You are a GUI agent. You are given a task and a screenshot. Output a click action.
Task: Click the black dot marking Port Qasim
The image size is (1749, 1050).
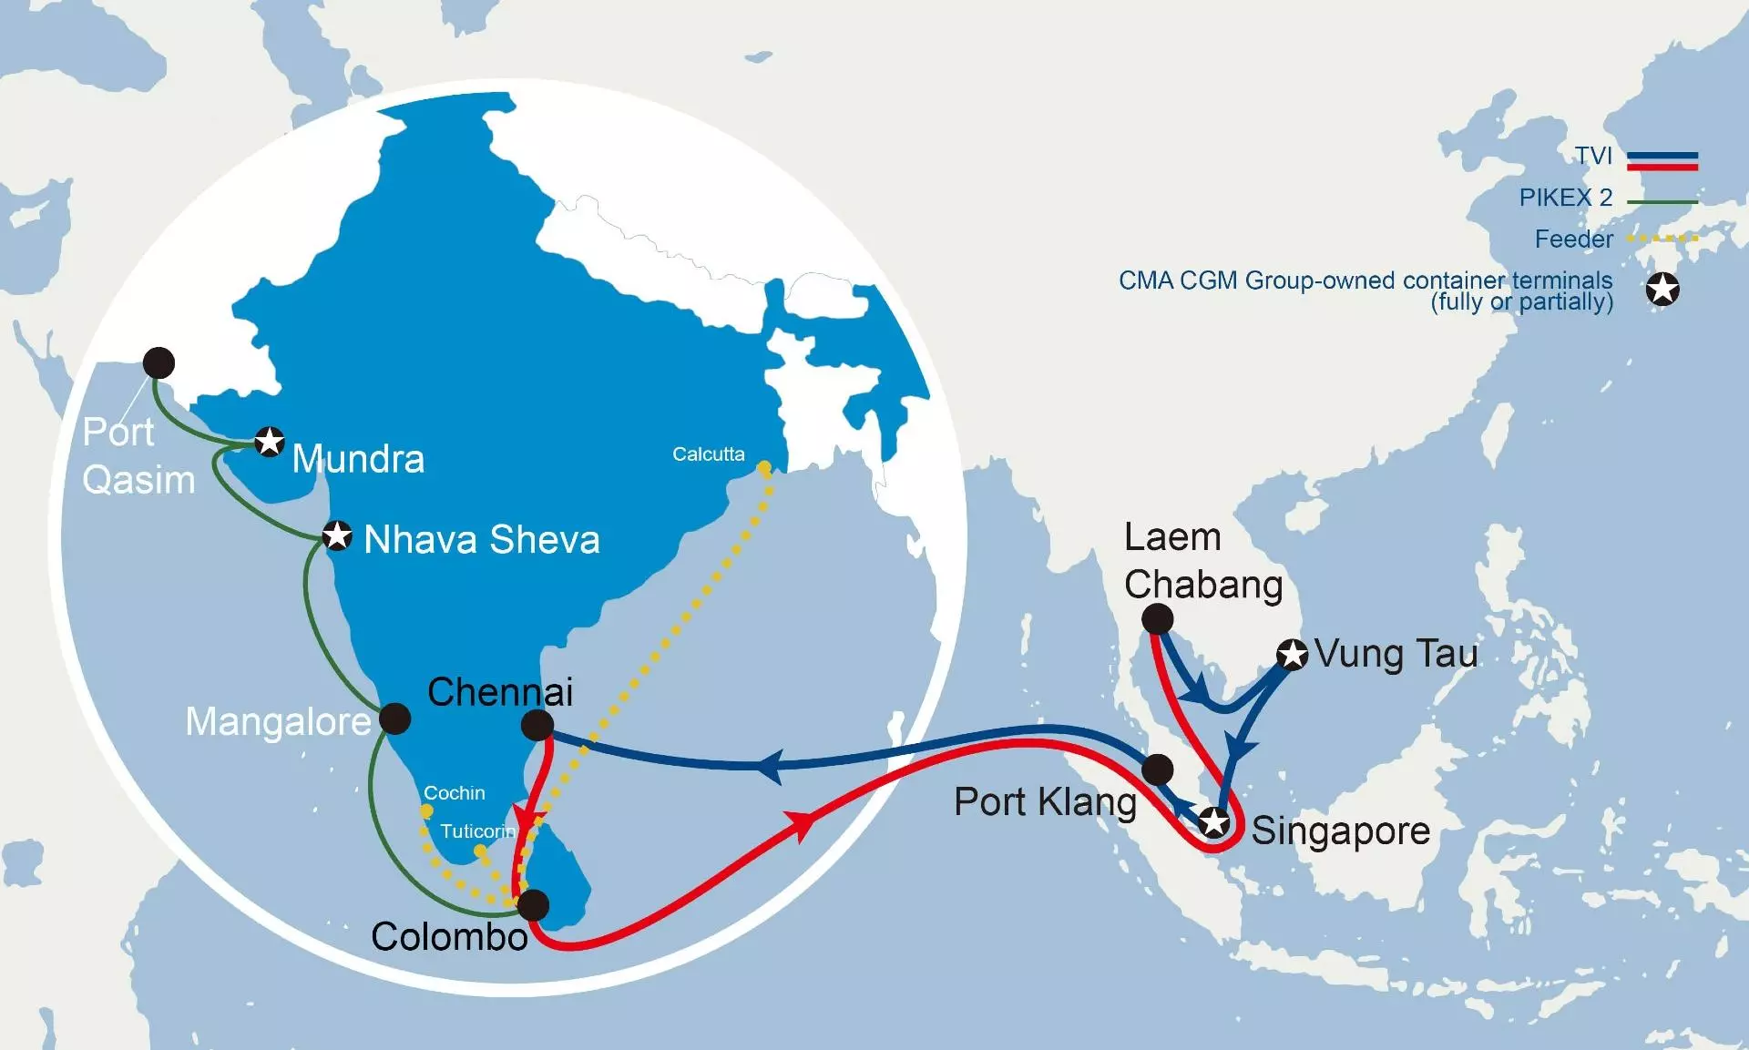coord(159,362)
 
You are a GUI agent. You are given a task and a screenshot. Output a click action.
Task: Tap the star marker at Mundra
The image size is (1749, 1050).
coord(269,442)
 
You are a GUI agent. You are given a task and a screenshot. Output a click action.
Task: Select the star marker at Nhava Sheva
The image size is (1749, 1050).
coord(337,535)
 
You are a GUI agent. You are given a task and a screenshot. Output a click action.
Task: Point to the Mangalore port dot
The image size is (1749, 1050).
coord(394,719)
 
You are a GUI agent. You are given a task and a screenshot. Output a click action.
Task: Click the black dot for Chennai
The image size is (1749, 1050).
coord(537,725)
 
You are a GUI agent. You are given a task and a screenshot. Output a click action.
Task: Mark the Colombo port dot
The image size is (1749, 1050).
coord(533,904)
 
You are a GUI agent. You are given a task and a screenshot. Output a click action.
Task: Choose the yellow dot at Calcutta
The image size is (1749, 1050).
coord(764,467)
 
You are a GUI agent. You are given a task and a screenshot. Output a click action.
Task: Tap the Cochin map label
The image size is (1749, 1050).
coord(454,793)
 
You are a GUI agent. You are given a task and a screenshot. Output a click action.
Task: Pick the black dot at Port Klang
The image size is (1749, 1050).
coord(1157,770)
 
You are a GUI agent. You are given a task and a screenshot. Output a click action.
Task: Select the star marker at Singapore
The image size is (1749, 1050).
coord(1214,822)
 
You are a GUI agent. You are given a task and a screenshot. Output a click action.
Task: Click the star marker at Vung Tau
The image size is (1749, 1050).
coord(1292,654)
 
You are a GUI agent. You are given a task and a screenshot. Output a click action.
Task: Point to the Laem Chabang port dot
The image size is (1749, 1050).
coord(1157,619)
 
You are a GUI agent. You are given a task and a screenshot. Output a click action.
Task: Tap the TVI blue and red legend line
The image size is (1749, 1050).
coord(1662,161)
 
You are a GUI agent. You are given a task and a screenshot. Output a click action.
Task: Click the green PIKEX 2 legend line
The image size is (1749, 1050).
coord(1662,201)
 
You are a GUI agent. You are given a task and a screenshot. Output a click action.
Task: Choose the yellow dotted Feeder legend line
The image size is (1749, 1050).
coord(1662,239)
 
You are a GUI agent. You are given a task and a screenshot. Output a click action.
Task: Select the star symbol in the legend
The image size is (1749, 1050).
coord(1662,290)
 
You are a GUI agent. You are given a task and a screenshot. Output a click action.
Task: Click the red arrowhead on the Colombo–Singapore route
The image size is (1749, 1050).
coord(802,824)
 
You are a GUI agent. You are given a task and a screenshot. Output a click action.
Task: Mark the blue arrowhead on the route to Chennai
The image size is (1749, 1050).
coord(771,765)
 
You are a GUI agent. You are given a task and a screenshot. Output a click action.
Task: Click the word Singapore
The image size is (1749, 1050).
coord(1340,831)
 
